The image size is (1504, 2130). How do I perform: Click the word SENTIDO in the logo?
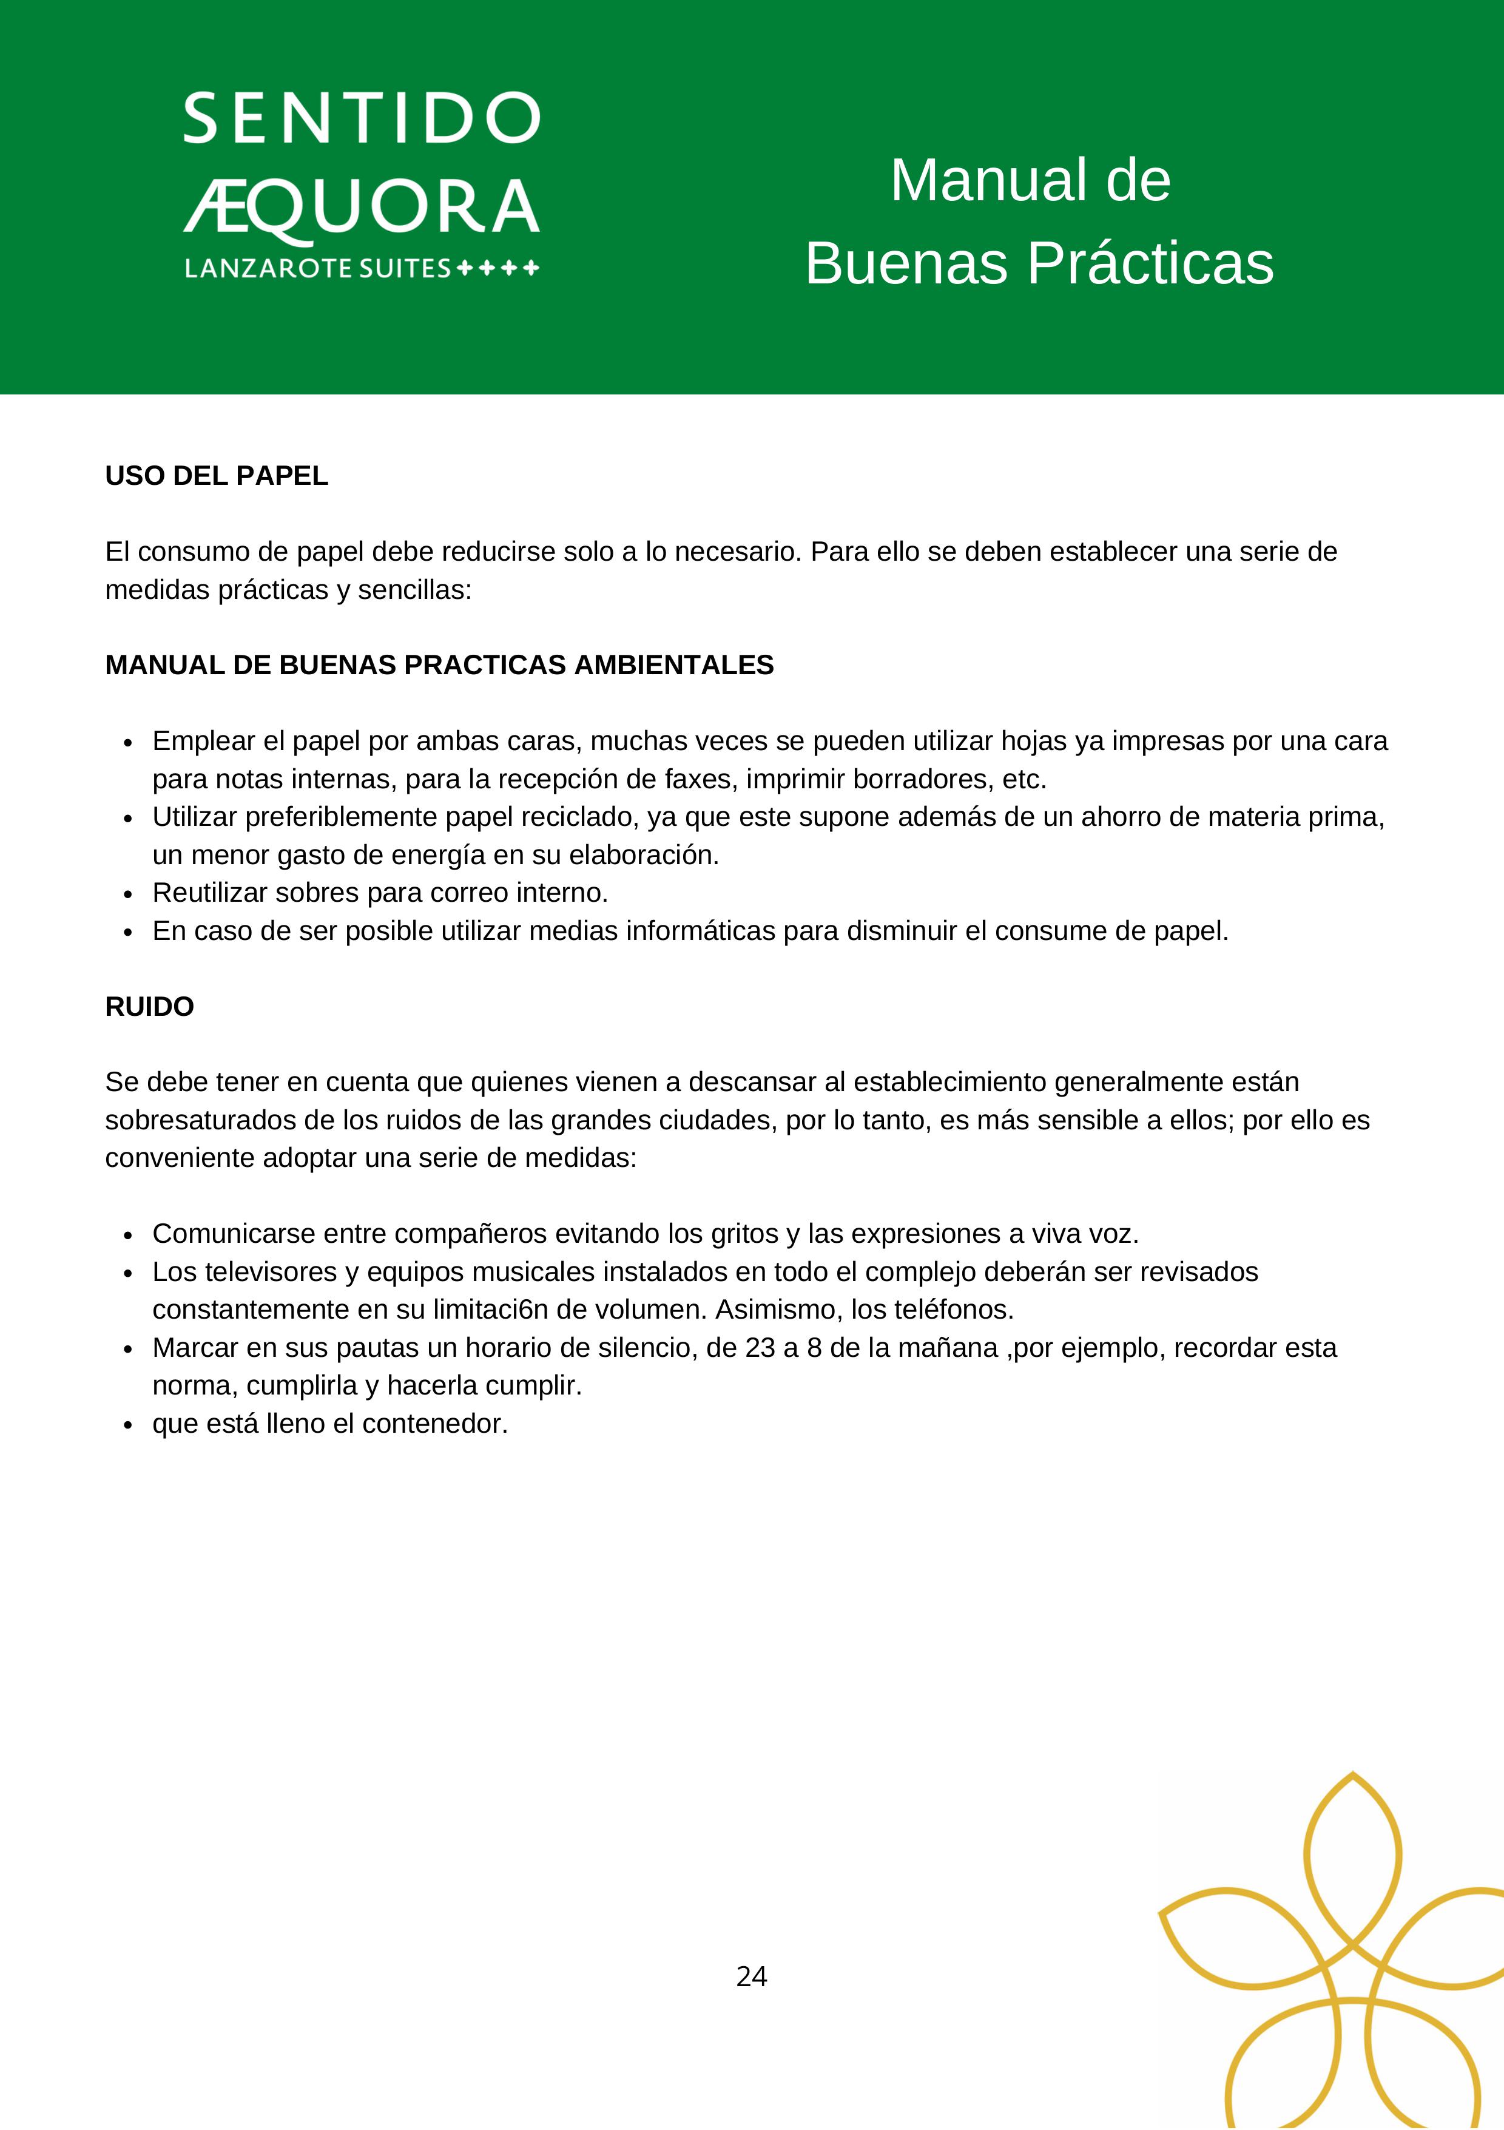coord(362,119)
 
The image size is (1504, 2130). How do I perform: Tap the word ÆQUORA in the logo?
coord(362,206)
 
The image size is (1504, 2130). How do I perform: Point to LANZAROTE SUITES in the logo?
coord(318,269)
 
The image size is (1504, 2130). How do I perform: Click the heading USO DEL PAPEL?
coord(216,476)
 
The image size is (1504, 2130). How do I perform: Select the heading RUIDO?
coord(149,1007)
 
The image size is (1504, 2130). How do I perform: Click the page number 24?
coord(751,1977)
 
